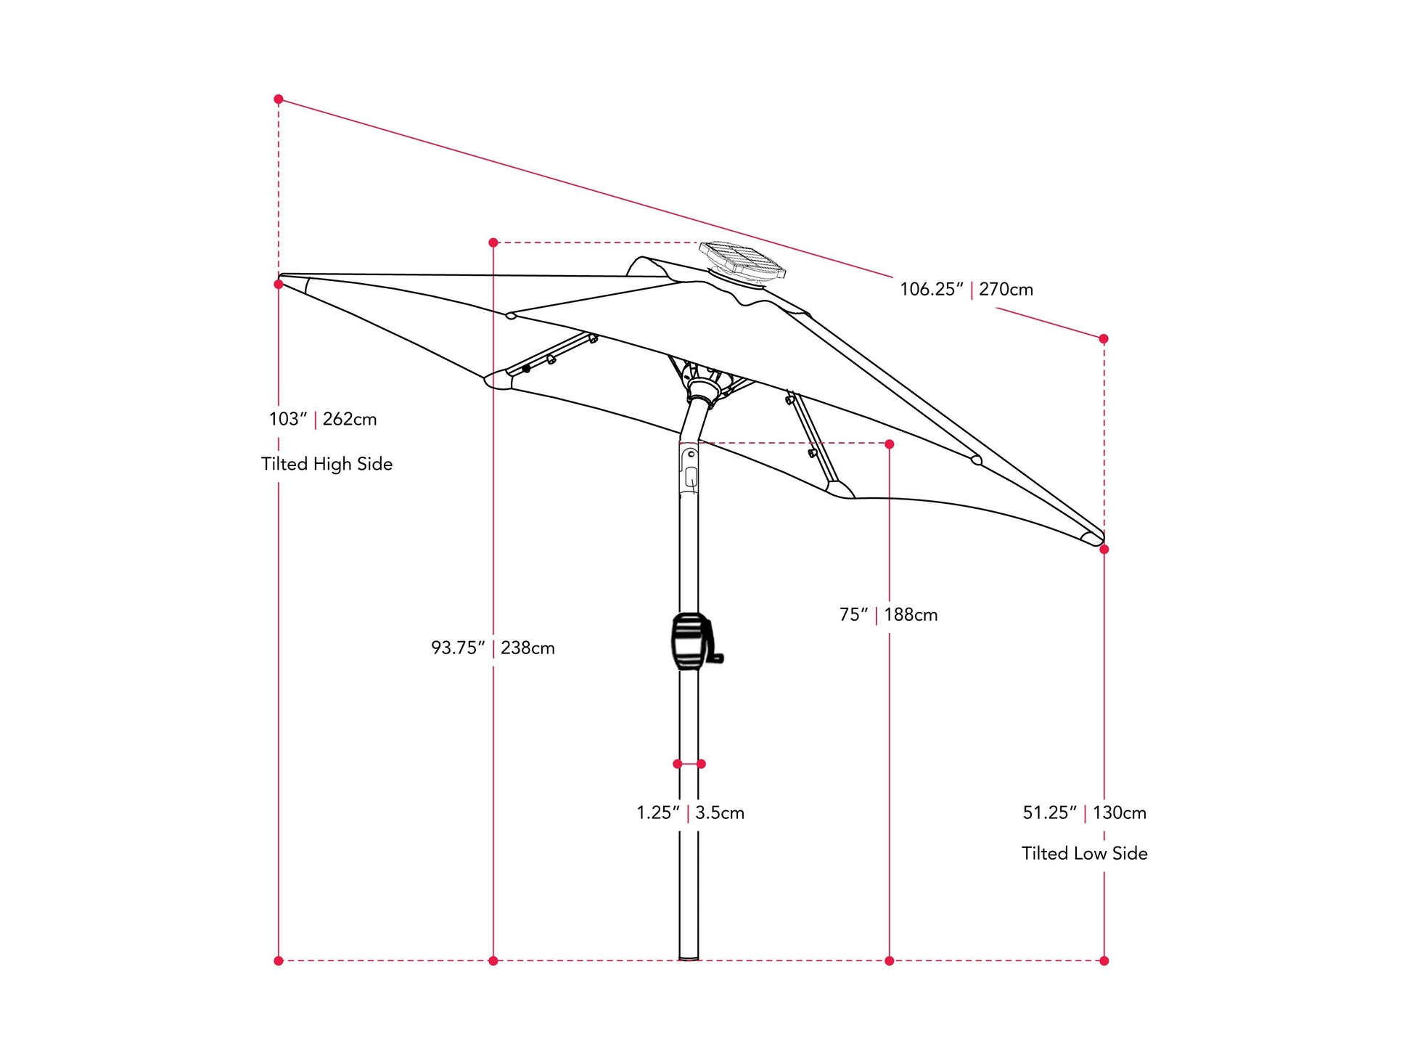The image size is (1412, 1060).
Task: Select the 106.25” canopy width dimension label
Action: [932, 290]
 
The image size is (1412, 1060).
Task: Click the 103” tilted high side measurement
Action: [288, 420]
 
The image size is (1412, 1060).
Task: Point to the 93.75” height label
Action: [458, 648]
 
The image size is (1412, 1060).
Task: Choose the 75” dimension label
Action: [853, 615]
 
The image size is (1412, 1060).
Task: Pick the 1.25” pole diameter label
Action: [658, 813]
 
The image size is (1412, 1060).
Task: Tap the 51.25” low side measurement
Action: [1049, 813]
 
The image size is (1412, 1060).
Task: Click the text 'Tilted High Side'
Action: [327, 465]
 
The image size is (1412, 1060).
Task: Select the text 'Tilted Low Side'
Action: [1084, 854]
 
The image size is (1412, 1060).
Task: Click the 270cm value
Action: [1006, 290]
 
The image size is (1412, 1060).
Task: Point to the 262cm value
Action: [350, 420]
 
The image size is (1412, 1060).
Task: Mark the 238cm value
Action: [528, 648]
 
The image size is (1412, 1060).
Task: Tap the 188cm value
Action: [911, 615]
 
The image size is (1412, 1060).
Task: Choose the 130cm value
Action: [1120, 813]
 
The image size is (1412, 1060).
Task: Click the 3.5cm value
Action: [720, 813]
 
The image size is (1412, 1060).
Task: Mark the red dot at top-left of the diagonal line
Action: [279, 99]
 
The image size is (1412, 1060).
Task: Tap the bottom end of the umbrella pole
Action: [689, 956]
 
